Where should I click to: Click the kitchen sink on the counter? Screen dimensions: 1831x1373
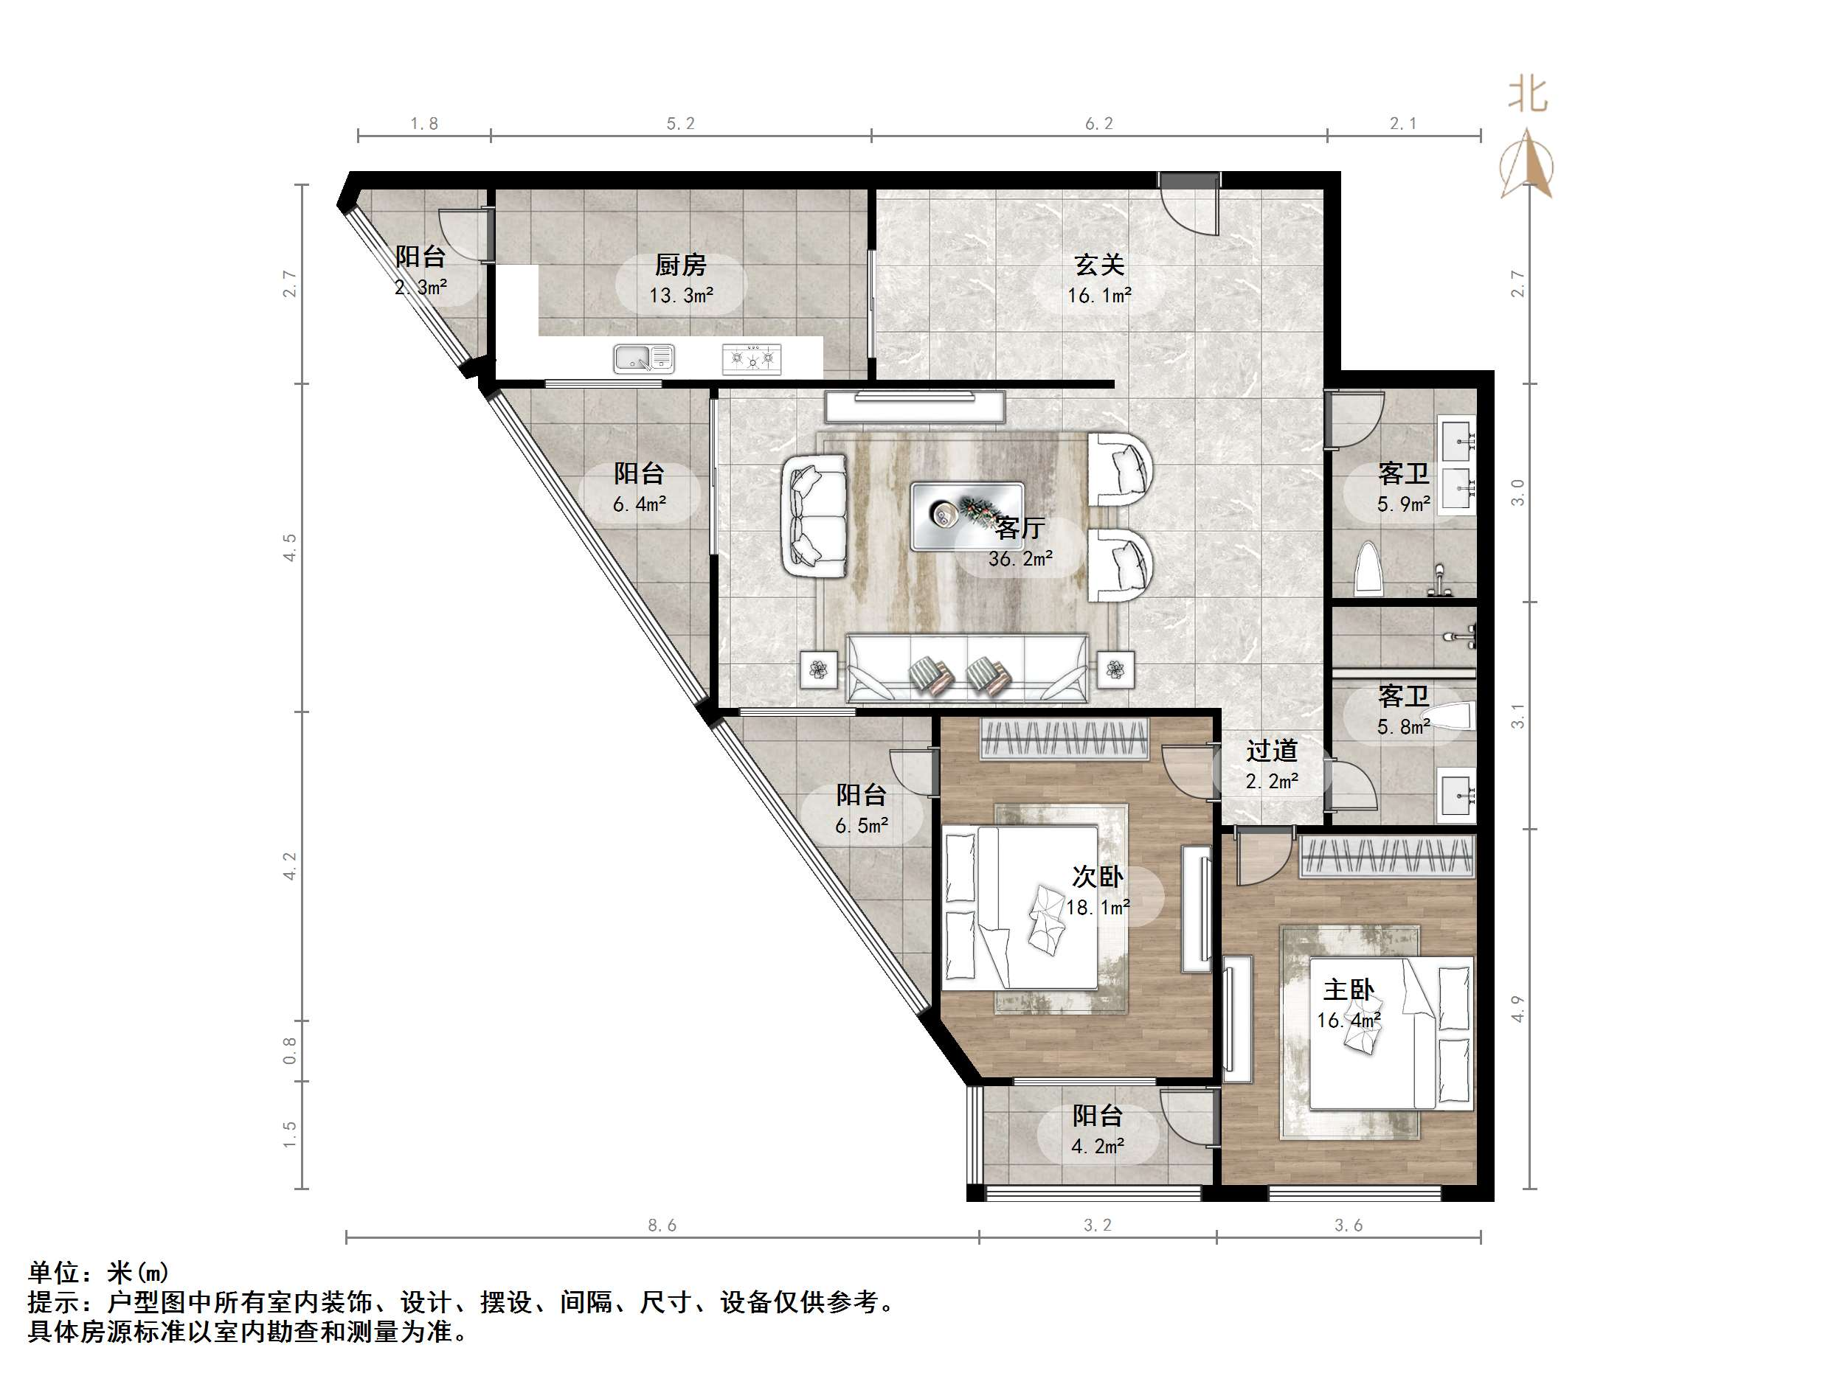pyautogui.click(x=643, y=358)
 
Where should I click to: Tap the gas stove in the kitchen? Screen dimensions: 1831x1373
pyautogui.click(x=752, y=358)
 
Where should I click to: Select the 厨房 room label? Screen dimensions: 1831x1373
pyautogui.click(x=680, y=265)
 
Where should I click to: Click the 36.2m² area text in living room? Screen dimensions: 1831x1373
pyautogui.click(x=1020, y=559)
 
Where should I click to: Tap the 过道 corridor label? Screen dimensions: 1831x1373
pyautogui.click(x=1271, y=751)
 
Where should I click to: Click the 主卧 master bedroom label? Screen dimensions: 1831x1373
pyautogui.click(x=1349, y=990)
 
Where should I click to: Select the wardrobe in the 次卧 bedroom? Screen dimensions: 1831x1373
pyautogui.click(x=1065, y=739)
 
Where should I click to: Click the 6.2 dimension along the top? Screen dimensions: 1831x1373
pyautogui.click(x=1098, y=124)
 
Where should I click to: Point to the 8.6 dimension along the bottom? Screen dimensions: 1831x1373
pyautogui.click(x=662, y=1226)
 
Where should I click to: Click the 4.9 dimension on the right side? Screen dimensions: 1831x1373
pyautogui.click(x=1517, y=1008)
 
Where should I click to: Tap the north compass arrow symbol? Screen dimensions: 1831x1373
pyautogui.click(x=1527, y=165)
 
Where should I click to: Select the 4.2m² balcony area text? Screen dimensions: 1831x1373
pyautogui.click(x=1097, y=1146)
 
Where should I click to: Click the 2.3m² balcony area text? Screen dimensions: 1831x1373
pyautogui.click(x=420, y=287)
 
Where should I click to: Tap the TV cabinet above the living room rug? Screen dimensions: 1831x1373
pyautogui.click(x=915, y=406)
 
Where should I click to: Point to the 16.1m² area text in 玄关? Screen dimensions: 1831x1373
pyautogui.click(x=1098, y=296)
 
